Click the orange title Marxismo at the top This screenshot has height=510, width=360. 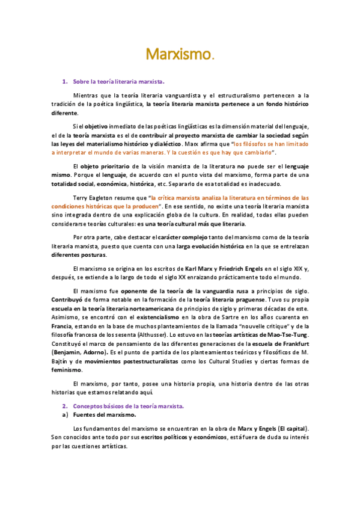[179, 56]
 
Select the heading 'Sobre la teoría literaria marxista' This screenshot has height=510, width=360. [118, 81]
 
